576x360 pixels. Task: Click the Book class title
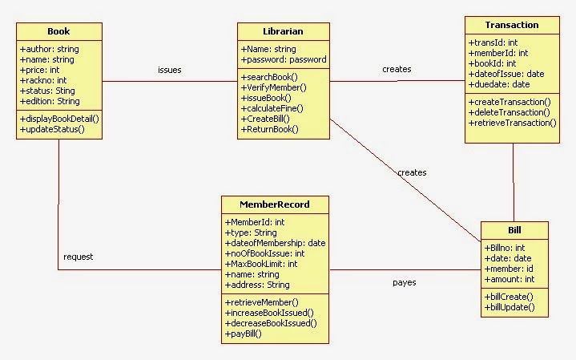tap(58, 31)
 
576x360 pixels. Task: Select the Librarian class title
tap(282, 31)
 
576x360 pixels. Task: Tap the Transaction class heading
tap(512, 25)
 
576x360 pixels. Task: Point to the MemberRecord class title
tap(274, 204)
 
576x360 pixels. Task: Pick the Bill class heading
tap(514, 230)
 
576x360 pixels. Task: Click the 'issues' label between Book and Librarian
tap(169, 70)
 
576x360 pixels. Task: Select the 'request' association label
tap(79, 257)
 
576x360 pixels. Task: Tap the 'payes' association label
tap(404, 282)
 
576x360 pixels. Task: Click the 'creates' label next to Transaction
tap(397, 69)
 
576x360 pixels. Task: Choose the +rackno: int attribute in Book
tap(42, 80)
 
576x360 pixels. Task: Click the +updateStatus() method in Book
tap(52, 129)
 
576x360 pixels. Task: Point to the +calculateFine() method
tap(272, 108)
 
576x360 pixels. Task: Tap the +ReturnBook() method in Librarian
tap(269, 129)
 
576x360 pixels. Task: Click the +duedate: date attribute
tap(499, 84)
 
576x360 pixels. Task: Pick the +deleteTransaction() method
tap(511, 112)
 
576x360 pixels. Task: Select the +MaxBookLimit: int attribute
tap(261, 264)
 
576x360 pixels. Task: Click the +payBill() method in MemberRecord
tap(244, 334)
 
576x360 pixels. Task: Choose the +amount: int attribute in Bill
tap(510, 279)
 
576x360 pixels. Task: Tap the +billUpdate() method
tap(509, 307)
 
